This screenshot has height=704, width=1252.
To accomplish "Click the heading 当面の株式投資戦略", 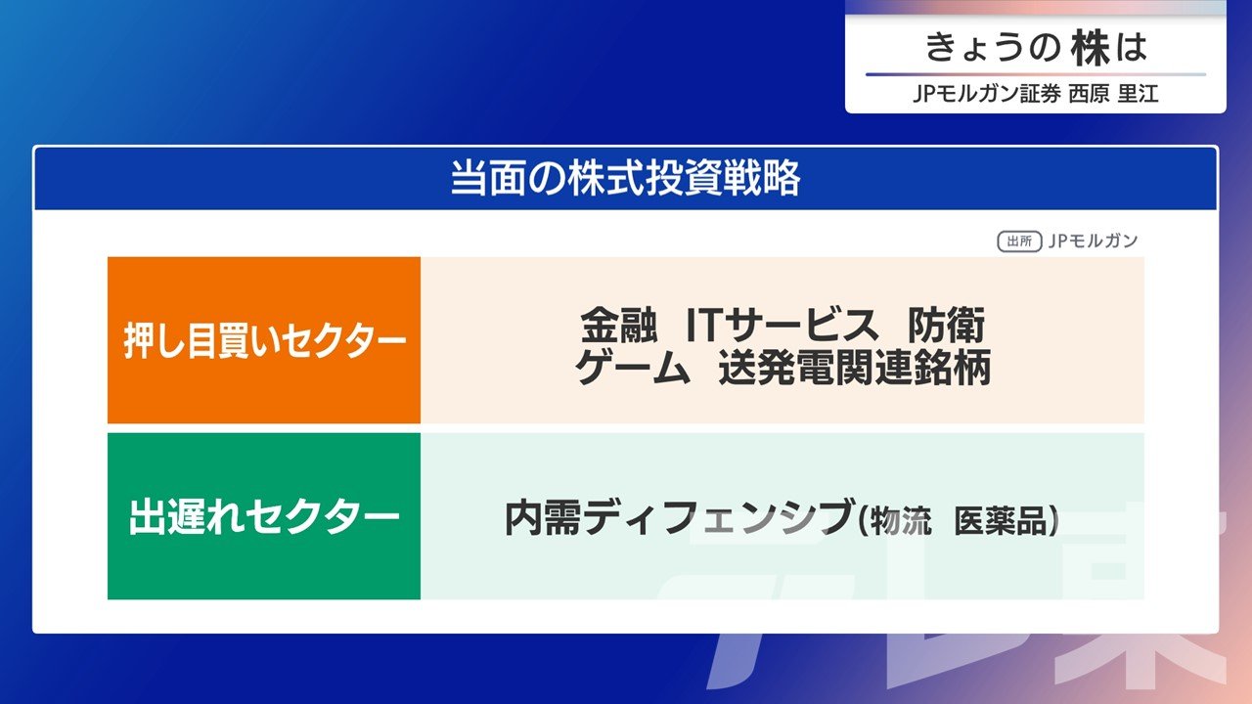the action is pos(625,178).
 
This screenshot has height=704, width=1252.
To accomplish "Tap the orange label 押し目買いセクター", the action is pos(264,340).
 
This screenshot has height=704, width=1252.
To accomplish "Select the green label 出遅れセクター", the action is pos(264,516).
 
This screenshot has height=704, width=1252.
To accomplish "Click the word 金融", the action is pos(618,326).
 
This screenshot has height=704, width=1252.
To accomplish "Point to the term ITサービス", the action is pos(782,326).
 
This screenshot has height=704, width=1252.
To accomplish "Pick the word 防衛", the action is pos(946,326).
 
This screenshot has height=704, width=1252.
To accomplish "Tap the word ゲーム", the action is pos(633,368).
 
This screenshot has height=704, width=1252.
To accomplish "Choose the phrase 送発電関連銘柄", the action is pos(855,368).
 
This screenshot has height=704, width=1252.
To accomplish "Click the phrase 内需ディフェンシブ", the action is pos(678,517).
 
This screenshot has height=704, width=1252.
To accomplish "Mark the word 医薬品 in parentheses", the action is pos(1000,521).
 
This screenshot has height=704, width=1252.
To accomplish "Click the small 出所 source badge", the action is pos(1019,242).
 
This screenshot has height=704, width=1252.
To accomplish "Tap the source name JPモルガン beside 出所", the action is pos(1093,241).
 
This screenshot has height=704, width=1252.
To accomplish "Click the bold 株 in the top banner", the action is pos(1090,48).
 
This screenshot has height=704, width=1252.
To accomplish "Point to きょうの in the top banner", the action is pos(993,48).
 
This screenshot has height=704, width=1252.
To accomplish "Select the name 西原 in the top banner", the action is pos(1089,93).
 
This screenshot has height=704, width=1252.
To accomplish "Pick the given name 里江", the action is pos(1138,93).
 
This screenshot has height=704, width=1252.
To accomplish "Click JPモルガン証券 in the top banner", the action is pos(987,93).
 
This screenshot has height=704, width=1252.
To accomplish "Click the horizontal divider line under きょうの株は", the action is pos(1036,74).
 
